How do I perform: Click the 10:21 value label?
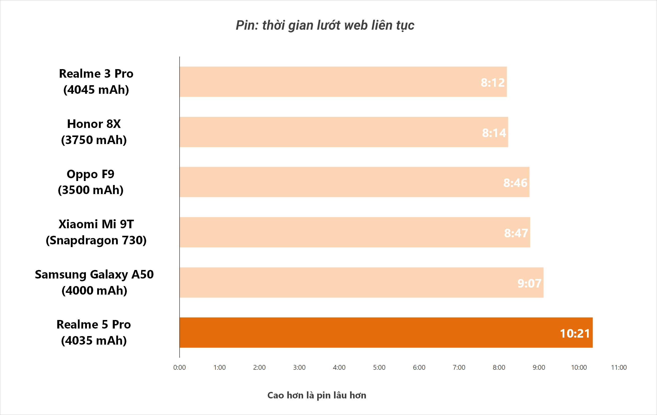coord(575,333)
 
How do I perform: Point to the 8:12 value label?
coord(492,82)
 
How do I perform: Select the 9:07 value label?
coord(529,283)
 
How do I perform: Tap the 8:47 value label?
coord(516,233)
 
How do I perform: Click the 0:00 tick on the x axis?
coord(179,367)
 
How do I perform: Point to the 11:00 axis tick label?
coord(619,367)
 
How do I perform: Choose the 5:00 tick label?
coord(379,367)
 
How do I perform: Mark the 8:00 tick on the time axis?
coord(499,367)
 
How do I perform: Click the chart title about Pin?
coord(325,25)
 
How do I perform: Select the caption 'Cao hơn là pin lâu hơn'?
coord(316,395)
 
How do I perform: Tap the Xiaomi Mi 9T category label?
coord(96,224)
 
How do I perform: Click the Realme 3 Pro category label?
coord(96,74)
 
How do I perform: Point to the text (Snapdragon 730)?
coord(96,240)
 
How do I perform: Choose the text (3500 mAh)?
coord(91,190)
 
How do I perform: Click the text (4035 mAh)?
coord(94,340)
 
